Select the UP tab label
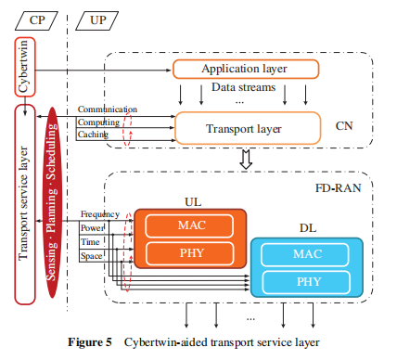coord(97,19)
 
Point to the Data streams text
coord(239,86)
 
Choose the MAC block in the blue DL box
coord(307,252)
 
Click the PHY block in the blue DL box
coord(307,279)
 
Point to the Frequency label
coord(99,214)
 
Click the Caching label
coord(93,135)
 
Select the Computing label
coord(97,122)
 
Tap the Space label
coord(91,254)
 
